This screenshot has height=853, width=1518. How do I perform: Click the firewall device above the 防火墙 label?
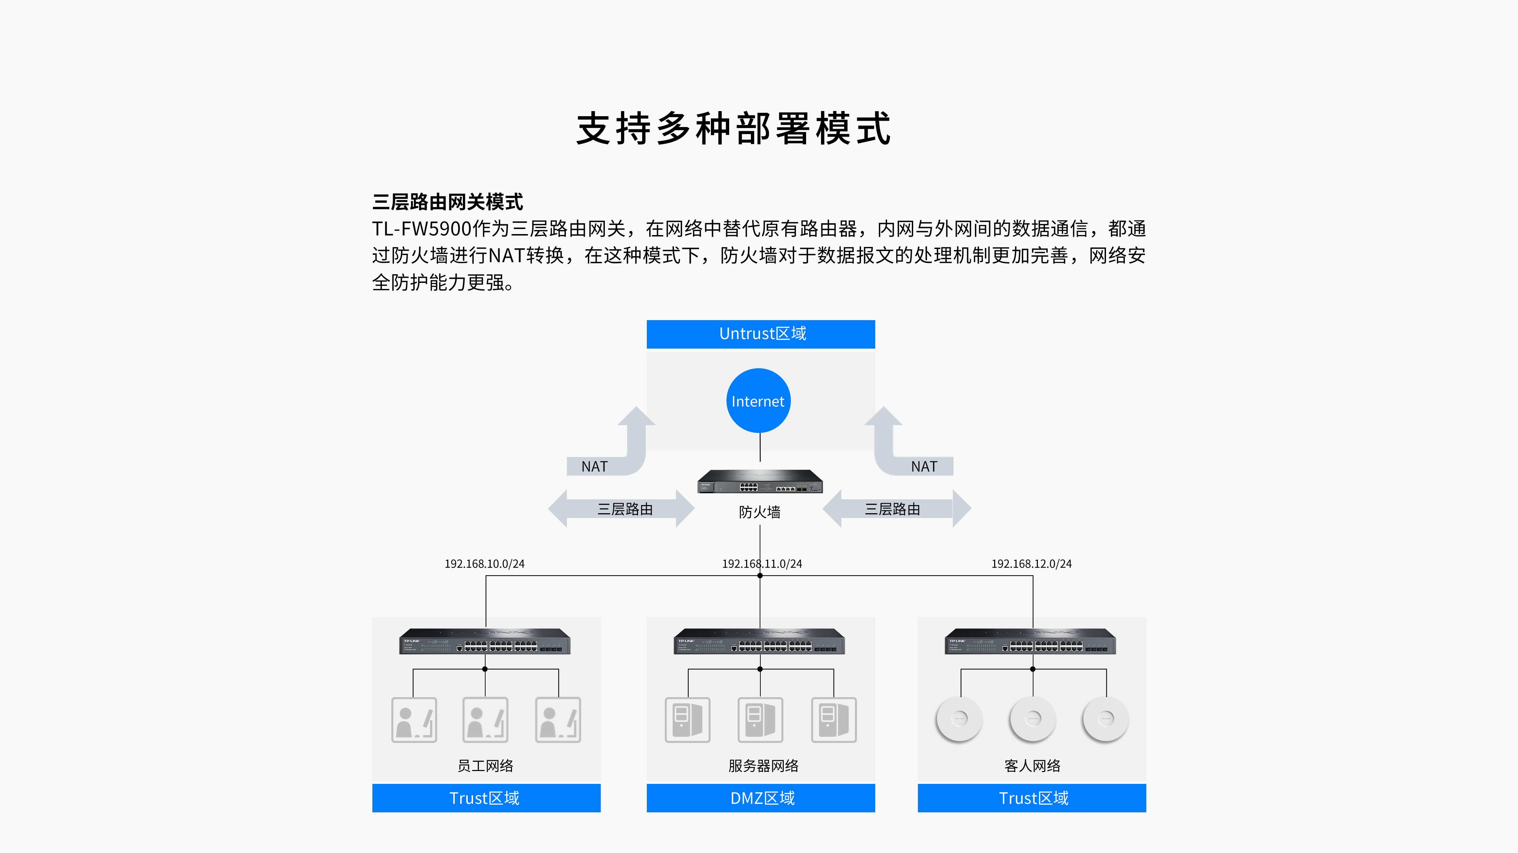pyautogui.click(x=760, y=481)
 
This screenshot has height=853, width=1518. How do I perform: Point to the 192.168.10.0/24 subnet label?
pyautogui.click(x=485, y=564)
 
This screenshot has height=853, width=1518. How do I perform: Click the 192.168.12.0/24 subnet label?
pyautogui.click(x=1031, y=564)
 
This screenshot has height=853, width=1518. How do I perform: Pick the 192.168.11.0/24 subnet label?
pyautogui.click(x=762, y=564)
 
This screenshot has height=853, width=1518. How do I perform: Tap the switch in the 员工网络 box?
pyautogui.click(x=485, y=642)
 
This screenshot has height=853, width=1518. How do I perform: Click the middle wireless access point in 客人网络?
pyautogui.click(x=1032, y=719)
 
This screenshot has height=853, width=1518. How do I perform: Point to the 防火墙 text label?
pyautogui.click(x=760, y=512)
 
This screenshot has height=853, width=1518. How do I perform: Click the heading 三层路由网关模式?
pyautogui.click(x=447, y=202)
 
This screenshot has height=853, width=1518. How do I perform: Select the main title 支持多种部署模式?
pyautogui.click(x=734, y=128)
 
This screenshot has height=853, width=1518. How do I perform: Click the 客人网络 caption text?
pyautogui.click(x=1032, y=766)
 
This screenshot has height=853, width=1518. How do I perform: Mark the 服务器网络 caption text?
pyautogui.click(x=763, y=766)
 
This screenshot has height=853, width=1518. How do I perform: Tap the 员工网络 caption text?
pyautogui.click(x=485, y=766)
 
